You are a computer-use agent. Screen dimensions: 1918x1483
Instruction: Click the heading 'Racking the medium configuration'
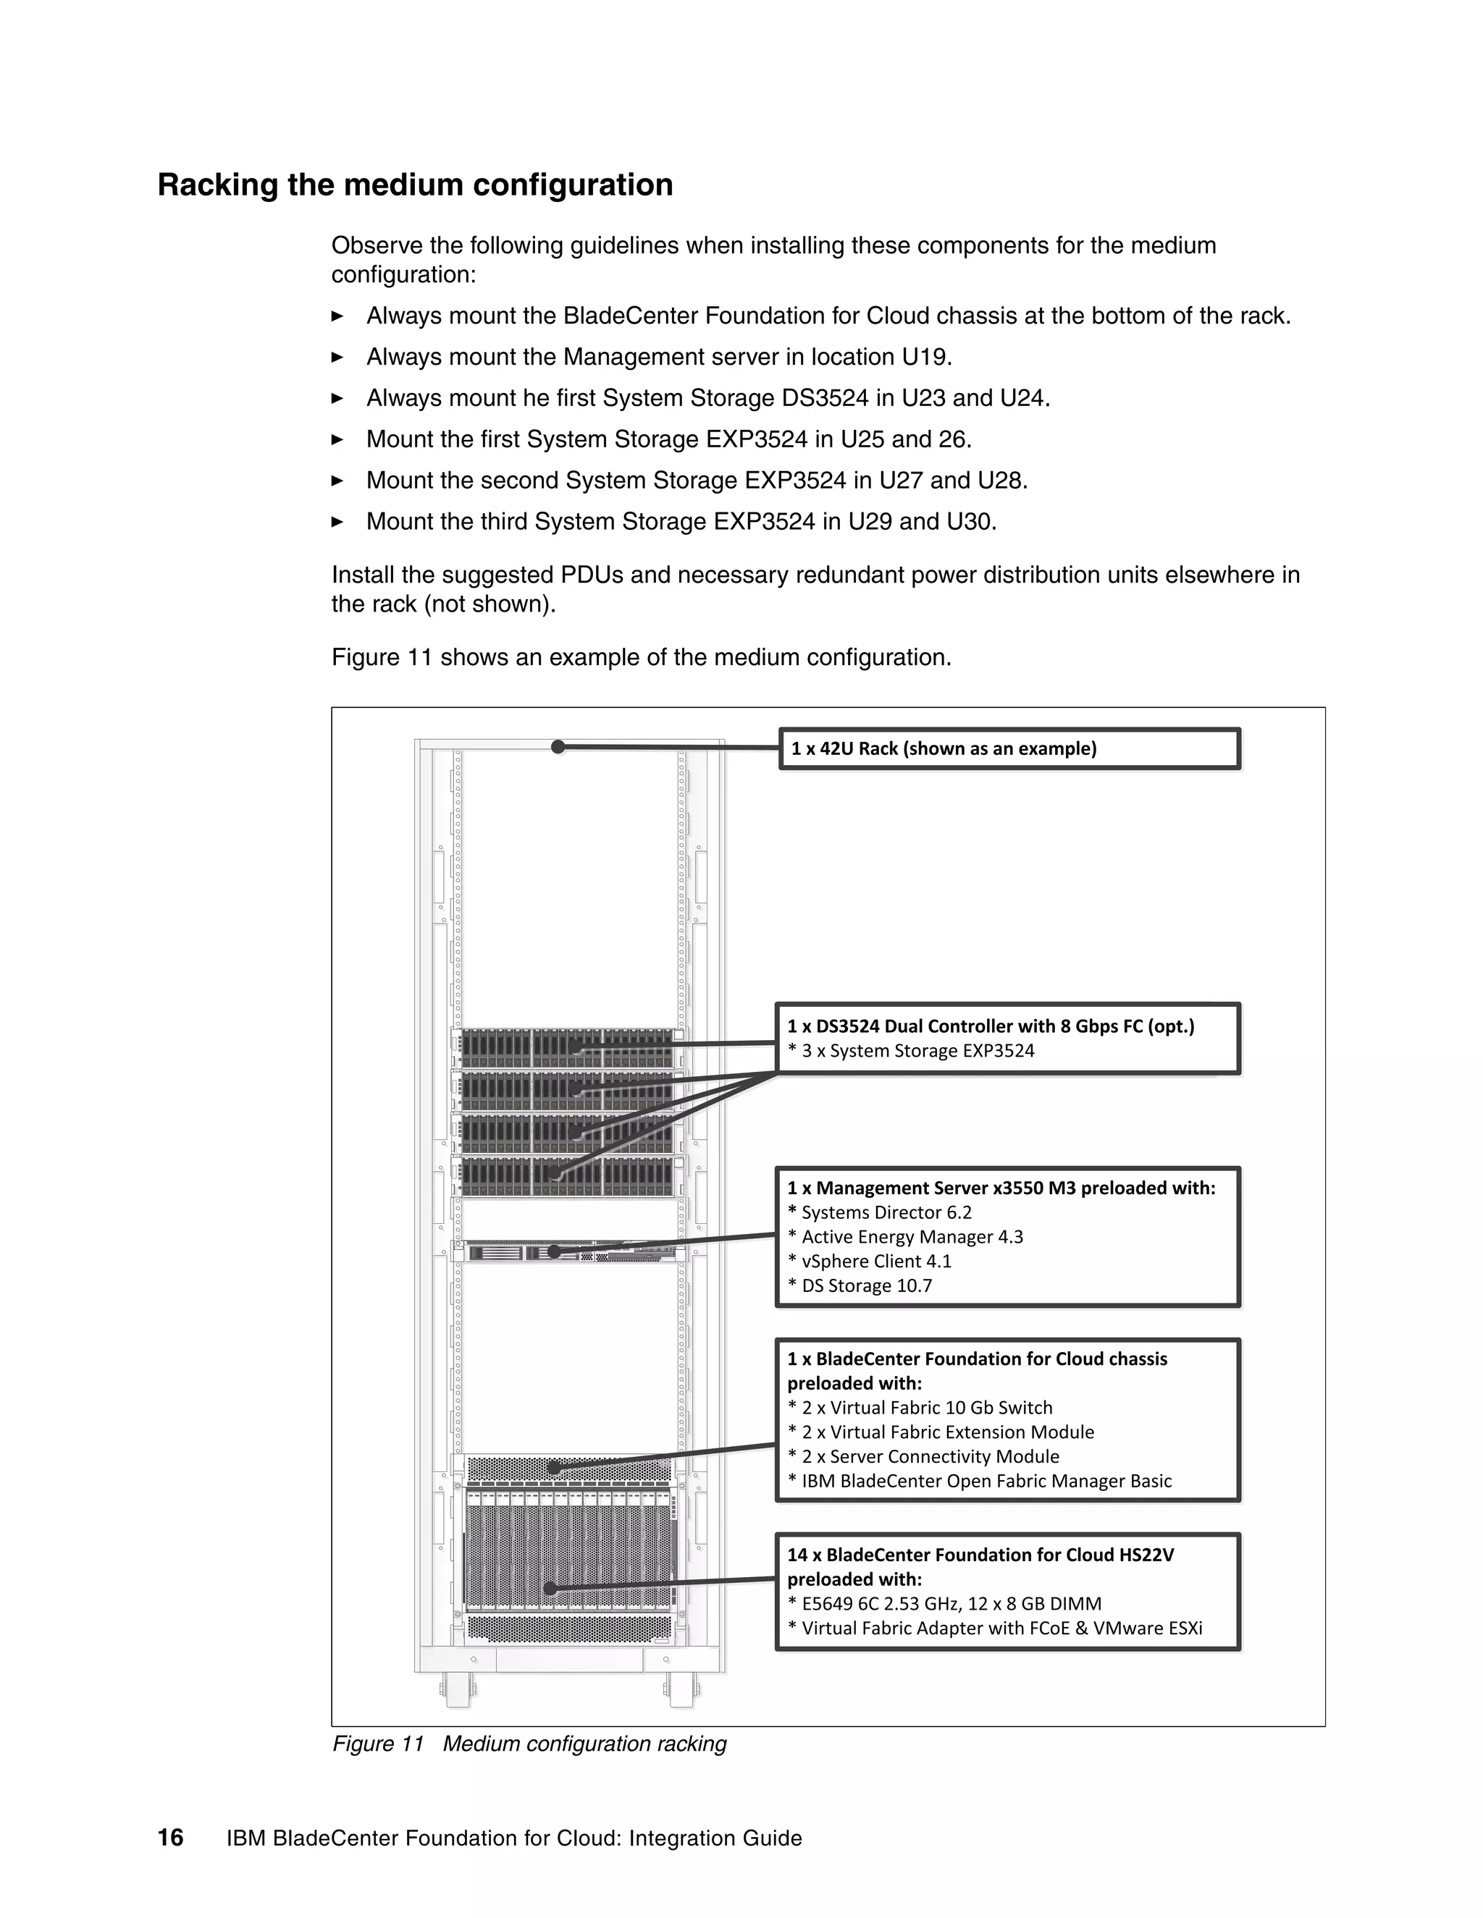[x=415, y=185]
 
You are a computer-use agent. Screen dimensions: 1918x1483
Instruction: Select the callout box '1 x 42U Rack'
[x=1009, y=748]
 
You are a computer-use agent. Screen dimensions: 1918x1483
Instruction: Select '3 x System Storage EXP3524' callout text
[x=917, y=1050]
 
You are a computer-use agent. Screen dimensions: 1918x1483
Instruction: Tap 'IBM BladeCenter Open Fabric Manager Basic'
[x=986, y=1481]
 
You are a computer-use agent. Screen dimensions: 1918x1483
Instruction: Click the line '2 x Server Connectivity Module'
[x=930, y=1456]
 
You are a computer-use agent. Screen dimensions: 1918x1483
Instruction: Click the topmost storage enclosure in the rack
[x=568, y=1047]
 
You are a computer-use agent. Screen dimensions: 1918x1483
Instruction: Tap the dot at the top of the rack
[x=558, y=746]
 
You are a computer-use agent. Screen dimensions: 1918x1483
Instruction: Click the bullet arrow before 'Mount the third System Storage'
[x=337, y=522]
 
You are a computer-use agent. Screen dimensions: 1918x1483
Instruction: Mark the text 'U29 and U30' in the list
[x=922, y=522]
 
